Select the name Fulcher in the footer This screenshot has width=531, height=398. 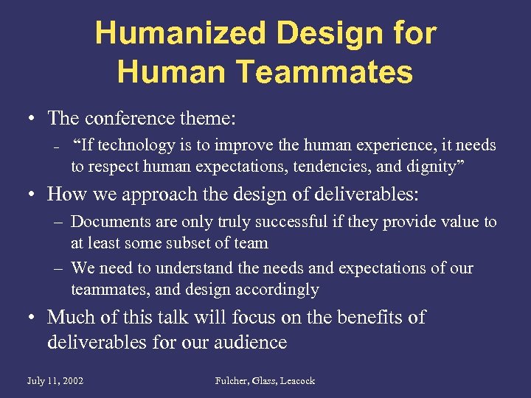tap(232, 381)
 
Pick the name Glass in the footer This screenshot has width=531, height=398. tap(262, 381)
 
